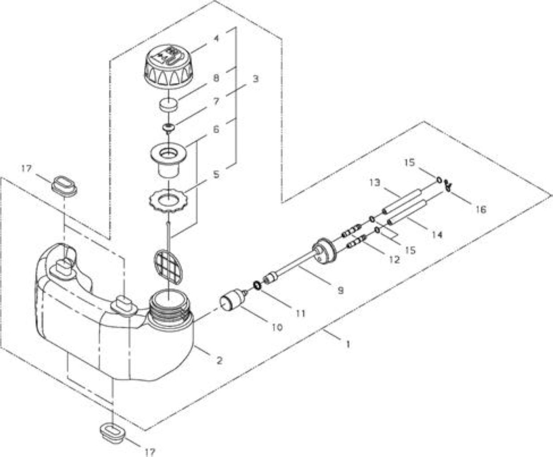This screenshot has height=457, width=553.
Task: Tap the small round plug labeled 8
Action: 169,105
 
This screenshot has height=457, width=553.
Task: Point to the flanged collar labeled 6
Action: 169,160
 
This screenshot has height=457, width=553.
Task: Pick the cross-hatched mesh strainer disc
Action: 169,266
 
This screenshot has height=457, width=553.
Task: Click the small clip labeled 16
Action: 448,185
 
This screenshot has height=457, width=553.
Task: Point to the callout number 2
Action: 219,360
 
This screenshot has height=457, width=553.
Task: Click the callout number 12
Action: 394,260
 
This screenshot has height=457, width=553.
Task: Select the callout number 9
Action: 341,291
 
